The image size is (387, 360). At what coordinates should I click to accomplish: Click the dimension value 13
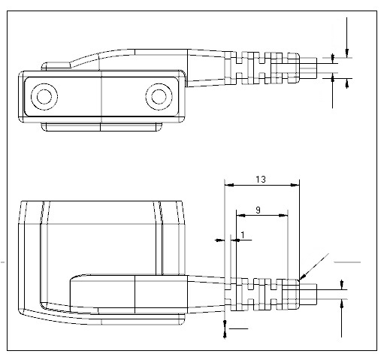tap(261, 180)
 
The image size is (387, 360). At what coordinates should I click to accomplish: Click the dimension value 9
tap(258, 210)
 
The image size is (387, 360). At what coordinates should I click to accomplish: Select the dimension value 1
tap(243, 235)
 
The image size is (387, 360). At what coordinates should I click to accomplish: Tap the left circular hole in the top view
tap(44, 96)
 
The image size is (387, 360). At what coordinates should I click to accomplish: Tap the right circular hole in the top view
tap(159, 96)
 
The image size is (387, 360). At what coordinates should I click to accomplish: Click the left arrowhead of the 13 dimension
tap(229, 185)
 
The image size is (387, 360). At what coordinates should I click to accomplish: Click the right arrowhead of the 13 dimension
tap(295, 185)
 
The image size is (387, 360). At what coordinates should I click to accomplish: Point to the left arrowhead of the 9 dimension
tap(241, 215)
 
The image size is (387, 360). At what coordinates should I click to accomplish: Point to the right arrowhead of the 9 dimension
tap(283, 215)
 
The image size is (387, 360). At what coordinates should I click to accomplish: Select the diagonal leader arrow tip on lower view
tap(300, 279)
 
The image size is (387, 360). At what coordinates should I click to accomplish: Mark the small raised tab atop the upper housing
tap(56, 66)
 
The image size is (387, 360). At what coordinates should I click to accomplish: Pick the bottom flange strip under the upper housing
tap(101, 127)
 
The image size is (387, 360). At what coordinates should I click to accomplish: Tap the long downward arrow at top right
tap(347, 37)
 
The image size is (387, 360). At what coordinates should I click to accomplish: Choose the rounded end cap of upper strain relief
tap(294, 68)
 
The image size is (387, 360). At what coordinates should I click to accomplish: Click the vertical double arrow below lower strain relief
tap(225, 329)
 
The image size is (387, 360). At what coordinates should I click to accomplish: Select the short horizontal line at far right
tap(347, 262)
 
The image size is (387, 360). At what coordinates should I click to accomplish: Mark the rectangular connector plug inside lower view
tap(128, 294)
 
